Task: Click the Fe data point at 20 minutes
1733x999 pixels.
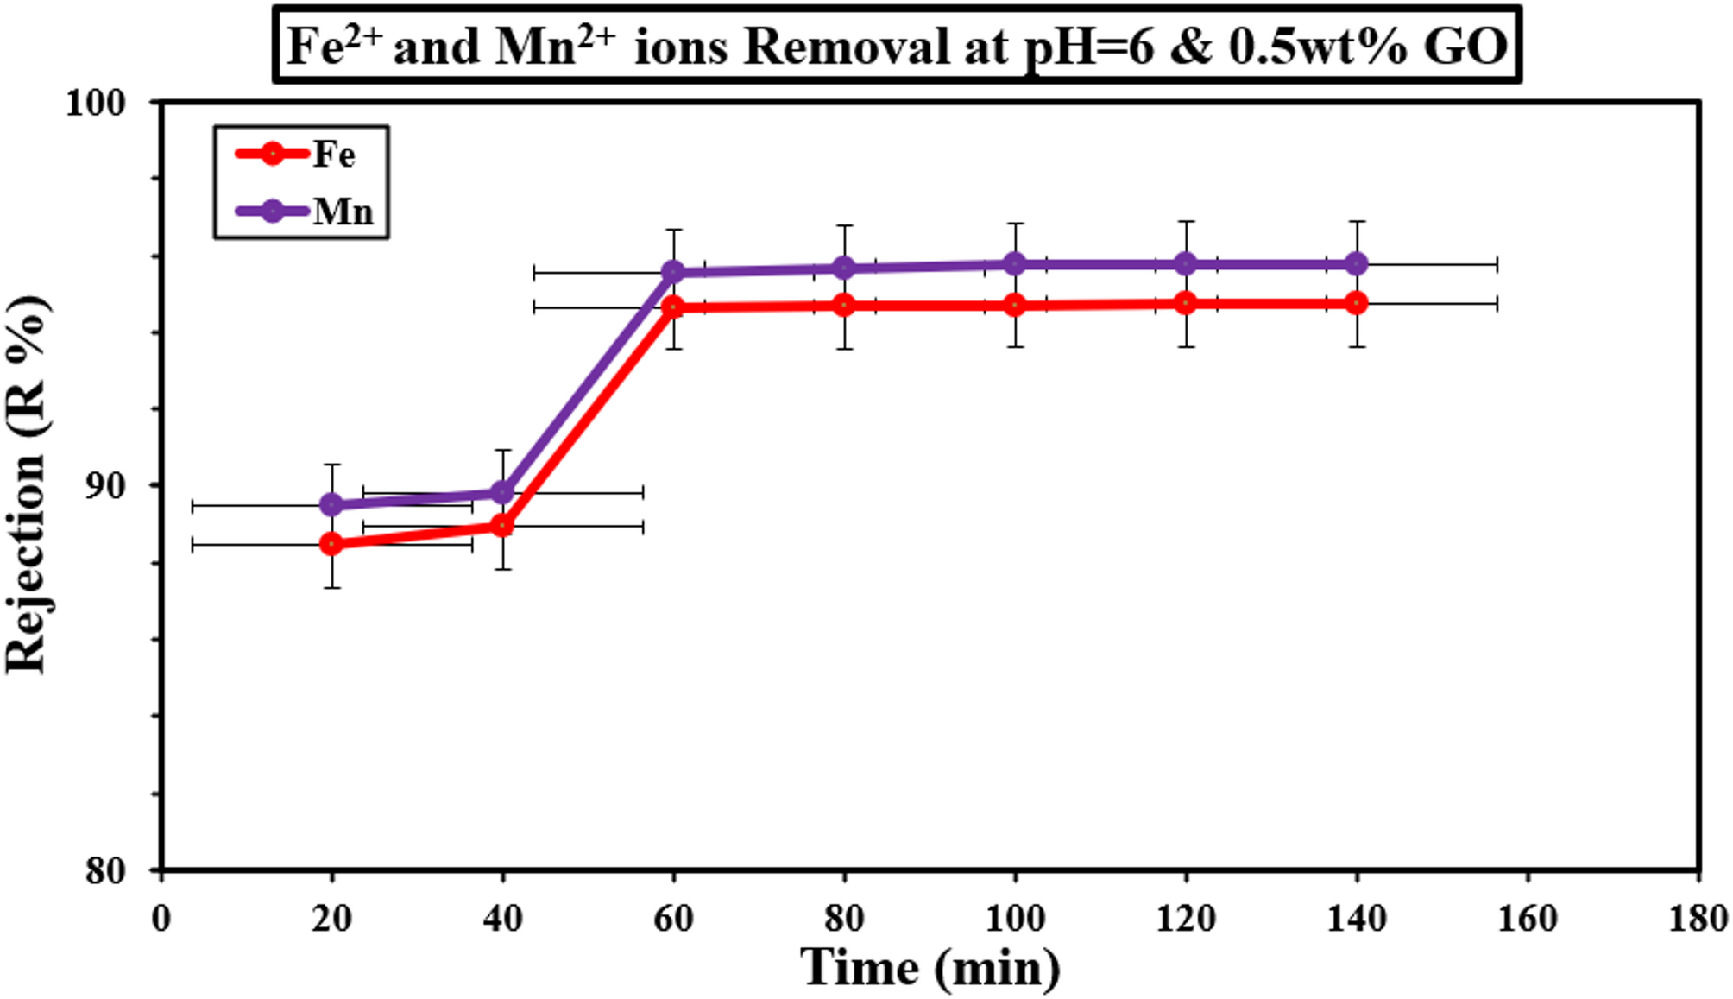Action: (x=331, y=544)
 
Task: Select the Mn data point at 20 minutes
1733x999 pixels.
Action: (x=331, y=505)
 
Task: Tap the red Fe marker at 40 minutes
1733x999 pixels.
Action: (x=502, y=526)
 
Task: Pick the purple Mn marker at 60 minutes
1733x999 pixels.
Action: (x=673, y=273)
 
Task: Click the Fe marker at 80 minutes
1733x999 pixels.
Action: (x=845, y=306)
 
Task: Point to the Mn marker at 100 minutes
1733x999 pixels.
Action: (x=1016, y=263)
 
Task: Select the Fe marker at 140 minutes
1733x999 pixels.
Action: (x=1357, y=303)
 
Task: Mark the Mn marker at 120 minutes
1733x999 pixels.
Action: (x=1186, y=263)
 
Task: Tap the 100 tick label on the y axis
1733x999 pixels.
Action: (x=96, y=104)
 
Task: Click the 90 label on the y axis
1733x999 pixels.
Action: (x=105, y=486)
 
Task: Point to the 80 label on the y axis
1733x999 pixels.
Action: (x=105, y=870)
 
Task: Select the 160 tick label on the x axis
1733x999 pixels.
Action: (x=1527, y=919)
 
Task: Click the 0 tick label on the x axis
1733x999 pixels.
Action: (x=161, y=919)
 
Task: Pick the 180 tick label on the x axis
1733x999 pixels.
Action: (x=1698, y=919)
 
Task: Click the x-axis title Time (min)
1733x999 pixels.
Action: (x=930, y=967)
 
